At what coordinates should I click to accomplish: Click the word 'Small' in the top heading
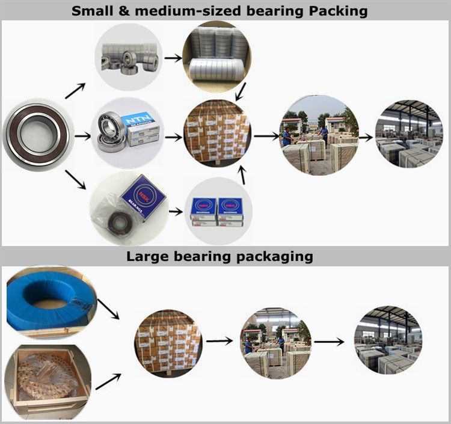(x=92, y=11)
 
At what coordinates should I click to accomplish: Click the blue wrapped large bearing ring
(x=51, y=298)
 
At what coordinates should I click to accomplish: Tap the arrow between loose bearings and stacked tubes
(x=173, y=58)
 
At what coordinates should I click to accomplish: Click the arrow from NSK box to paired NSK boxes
(x=175, y=211)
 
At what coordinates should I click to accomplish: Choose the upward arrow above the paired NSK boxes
(x=243, y=175)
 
